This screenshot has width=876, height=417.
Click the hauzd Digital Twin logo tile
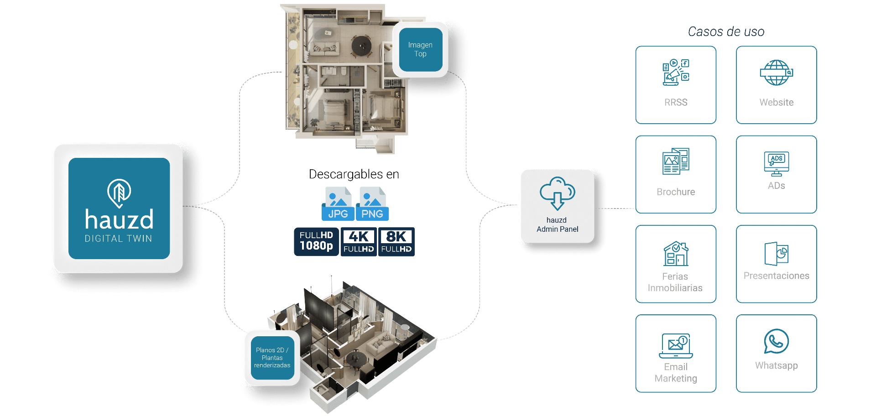pyautogui.click(x=119, y=208)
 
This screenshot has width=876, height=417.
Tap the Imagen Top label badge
pyautogui.click(x=421, y=50)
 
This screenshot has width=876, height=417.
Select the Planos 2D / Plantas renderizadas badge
pyautogui.click(x=272, y=358)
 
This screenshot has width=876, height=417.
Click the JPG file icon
pyautogui.click(x=338, y=204)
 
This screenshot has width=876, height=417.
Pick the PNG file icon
pyautogui.click(x=372, y=204)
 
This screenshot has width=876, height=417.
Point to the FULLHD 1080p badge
pyautogui.click(x=316, y=242)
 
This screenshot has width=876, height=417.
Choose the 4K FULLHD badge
pyautogui.click(x=359, y=242)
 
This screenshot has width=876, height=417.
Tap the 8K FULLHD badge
pyautogui.click(x=396, y=242)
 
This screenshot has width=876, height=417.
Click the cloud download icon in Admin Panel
pyautogui.click(x=558, y=193)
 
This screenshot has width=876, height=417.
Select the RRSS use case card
pyautogui.click(x=676, y=85)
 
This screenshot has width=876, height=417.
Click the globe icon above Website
pyautogui.click(x=777, y=73)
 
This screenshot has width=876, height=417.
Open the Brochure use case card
pyautogui.click(x=676, y=174)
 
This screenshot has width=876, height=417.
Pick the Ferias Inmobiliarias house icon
pyautogui.click(x=676, y=254)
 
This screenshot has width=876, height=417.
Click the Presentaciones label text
pyautogui.click(x=777, y=276)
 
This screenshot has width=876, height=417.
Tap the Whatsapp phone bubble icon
pyautogui.click(x=777, y=341)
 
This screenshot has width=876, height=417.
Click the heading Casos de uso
pyautogui.click(x=726, y=31)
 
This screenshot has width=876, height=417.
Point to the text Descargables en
pyautogui.click(x=354, y=174)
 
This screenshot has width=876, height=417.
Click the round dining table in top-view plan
pyautogui.click(x=361, y=46)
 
